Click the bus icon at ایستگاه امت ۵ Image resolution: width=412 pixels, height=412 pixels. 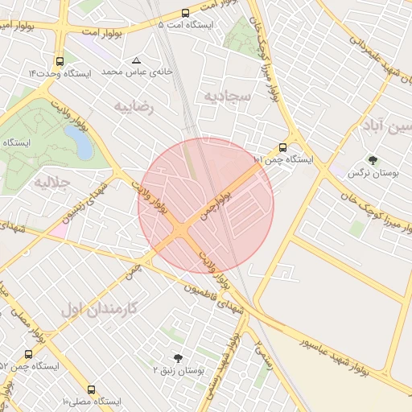click(x=186, y=14)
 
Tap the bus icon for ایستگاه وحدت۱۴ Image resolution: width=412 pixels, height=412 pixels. click(x=60, y=61)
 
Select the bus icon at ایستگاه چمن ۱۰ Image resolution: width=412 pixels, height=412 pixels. click(x=282, y=147)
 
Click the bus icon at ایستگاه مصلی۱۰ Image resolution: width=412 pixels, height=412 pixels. click(x=91, y=389)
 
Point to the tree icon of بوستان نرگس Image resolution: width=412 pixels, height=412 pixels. click(x=372, y=160)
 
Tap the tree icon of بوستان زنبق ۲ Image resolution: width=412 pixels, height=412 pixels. click(x=177, y=358)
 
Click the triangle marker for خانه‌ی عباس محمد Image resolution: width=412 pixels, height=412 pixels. click(x=136, y=60)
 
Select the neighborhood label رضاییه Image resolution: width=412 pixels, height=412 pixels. click(x=133, y=105)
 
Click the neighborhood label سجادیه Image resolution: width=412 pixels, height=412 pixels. click(x=228, y=96)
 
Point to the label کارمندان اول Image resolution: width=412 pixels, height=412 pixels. click(x=100, y=307)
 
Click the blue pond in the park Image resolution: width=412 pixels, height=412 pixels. click(x=82, y=143)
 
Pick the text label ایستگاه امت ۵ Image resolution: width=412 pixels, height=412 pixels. click(x=187, y=25)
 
